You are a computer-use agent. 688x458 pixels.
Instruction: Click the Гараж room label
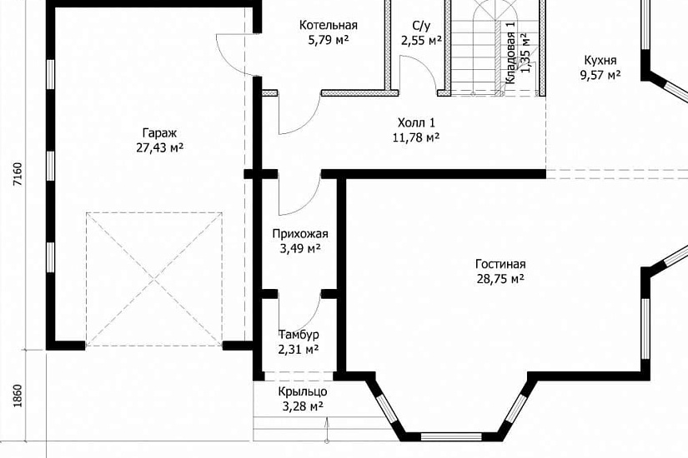[x=160, y=132]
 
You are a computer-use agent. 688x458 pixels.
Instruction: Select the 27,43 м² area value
[x=160, y=147]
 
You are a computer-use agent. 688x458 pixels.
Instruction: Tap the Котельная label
[x=329, y=26]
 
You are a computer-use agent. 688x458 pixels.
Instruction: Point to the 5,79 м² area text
[x=329, y=40]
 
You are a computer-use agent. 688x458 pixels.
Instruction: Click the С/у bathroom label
[x=422, y=26]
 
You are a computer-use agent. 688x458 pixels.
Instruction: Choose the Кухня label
[x=600, y=60]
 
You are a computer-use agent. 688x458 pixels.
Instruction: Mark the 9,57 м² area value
[x=600, y=75]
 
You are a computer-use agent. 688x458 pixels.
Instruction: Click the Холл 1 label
[x=416, y=122]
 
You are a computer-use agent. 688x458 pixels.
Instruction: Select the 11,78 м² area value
[x=416, y=137]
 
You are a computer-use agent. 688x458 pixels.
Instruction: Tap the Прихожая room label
[x=300, y=234]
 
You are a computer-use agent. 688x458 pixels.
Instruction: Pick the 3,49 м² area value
[x=300, y=249]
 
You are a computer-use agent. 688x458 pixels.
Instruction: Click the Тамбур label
[x=299, y=335]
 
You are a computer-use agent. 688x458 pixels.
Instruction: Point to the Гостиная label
[x=500, y=264]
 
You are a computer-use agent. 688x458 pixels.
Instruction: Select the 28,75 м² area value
[x=500, y=279]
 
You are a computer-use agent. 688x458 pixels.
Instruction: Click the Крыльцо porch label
[x=303, y=392]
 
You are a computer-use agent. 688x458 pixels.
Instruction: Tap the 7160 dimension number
[x=18, y=174]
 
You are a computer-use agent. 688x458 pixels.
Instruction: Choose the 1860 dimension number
[x=18, y=396]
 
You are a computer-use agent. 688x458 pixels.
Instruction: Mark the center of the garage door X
[x=154, y=279]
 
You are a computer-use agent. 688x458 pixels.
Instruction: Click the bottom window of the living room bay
[x=451, y=436]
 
